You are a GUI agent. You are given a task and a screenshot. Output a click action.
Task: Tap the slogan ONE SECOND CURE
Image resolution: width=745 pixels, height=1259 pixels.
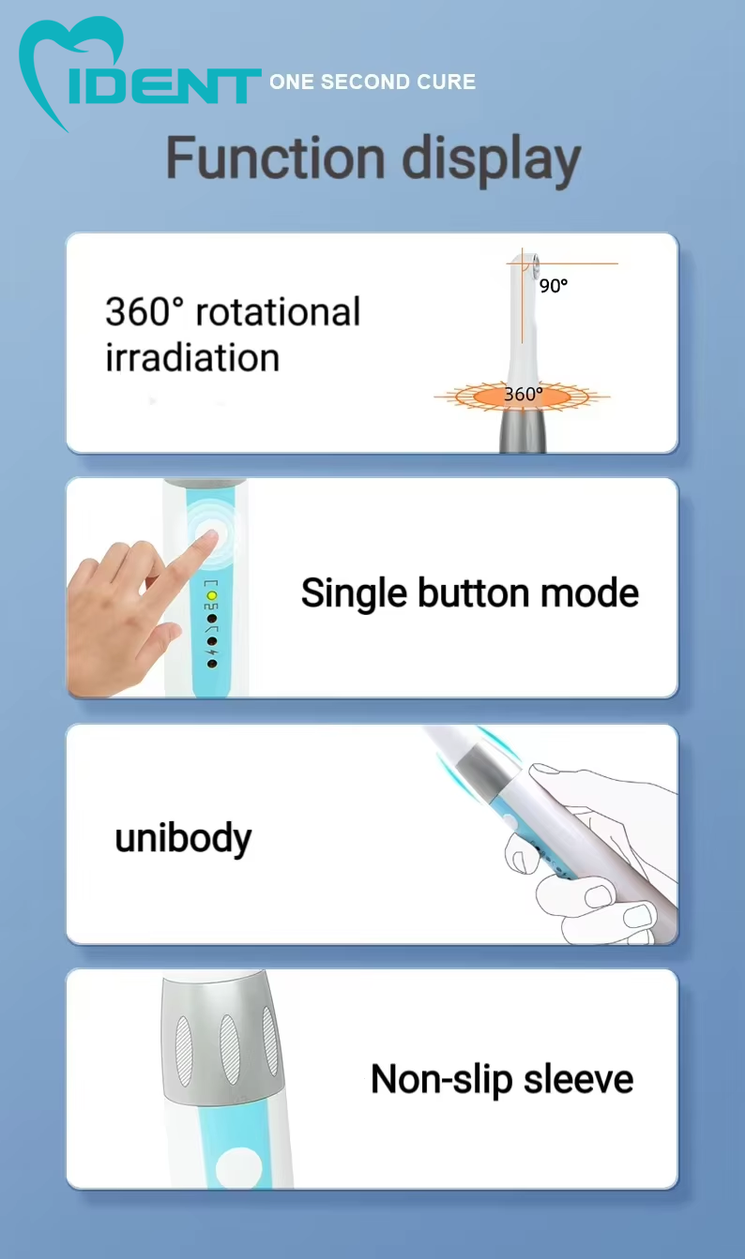[372, 82]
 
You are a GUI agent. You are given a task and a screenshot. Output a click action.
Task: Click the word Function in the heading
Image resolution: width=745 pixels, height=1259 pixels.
[276, 157]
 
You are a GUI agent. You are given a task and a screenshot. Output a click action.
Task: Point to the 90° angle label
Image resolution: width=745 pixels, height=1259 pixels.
[554, 286]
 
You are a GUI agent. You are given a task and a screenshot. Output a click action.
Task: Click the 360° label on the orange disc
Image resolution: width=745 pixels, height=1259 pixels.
[524, 394]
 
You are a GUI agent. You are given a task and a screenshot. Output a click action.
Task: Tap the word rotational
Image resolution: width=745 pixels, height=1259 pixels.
[278, 312]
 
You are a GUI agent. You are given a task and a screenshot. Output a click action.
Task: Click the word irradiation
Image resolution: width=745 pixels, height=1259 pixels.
[192, 358]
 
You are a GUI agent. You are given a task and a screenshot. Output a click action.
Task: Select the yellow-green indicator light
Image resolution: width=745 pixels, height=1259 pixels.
[211, 595]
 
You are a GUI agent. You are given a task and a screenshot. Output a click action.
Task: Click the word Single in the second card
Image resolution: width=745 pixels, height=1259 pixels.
[354, 593]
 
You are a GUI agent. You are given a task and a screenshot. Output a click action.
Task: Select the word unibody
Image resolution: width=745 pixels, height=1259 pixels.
[184, 838]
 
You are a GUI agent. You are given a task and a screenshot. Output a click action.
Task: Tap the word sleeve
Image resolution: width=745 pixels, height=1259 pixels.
[578, 1080]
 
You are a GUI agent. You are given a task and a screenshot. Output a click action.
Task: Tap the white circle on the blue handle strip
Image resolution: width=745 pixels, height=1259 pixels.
[238, 1168]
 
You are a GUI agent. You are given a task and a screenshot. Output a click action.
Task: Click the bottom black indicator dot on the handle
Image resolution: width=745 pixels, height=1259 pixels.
[212, 664]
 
